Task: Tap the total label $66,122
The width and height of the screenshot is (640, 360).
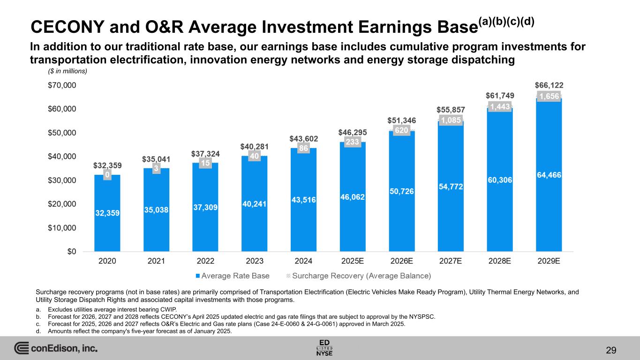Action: click(549, 85)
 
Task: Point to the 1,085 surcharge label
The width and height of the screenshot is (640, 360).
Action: click(450, 120)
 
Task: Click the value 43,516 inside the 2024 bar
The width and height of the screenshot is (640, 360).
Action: click(304, 200)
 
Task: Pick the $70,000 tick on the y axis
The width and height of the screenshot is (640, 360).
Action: click(64, 85)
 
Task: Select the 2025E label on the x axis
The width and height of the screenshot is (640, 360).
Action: click(353, 261)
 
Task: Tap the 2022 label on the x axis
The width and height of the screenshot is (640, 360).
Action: click(205, 261)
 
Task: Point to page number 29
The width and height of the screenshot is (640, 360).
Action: click(610, 350)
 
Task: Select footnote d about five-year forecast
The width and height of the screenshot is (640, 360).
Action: click(134, 331)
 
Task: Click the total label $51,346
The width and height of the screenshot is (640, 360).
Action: click(402, 120)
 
